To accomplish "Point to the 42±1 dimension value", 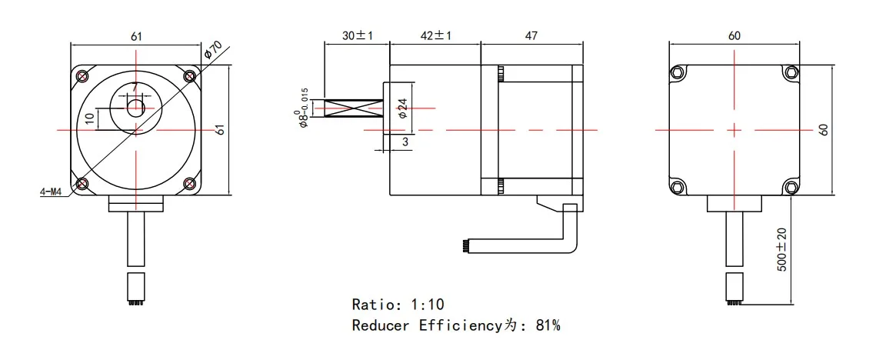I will pyautogui.click(x=435, y=37).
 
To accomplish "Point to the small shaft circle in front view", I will pyautogui.click(x=135, y=107).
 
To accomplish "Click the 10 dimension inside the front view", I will pyautogui.click(x=90, y=118).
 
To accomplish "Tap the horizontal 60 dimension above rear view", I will pyautogui.click(x=734, y=37).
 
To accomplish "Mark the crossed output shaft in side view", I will pyautogui.click(x=355, y=110).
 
